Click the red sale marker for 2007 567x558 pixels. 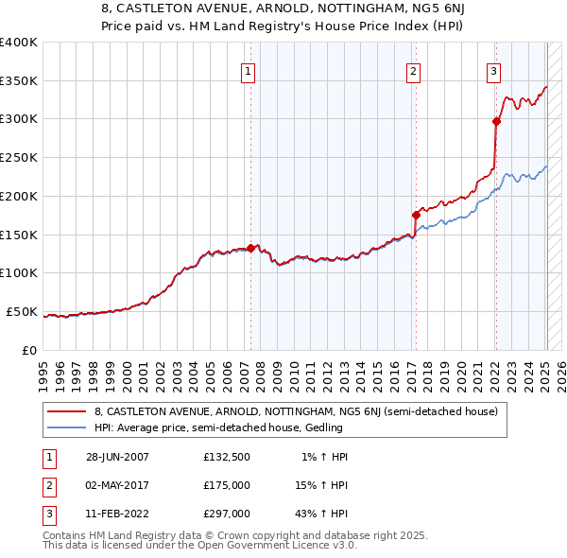click(x=250, y=249)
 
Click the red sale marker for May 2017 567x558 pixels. click(x=416, y=216)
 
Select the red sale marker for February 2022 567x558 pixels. click(x=496, y=121)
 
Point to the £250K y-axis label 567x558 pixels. click(x=19, y=158)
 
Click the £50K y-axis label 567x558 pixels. click(x=23, y=311)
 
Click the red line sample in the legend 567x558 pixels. click(x=67, y=411)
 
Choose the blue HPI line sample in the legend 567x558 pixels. click(x=67, y=428)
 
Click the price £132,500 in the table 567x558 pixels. click(x=227, y=457)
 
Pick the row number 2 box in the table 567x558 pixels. click(x=48, y=484)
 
